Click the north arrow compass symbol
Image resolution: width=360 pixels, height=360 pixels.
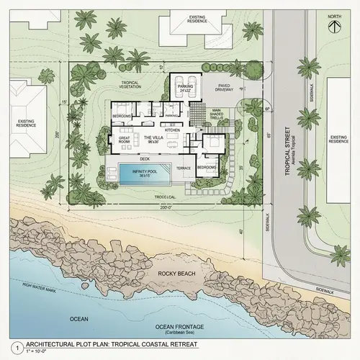pyautogui.click(x=333, y=24)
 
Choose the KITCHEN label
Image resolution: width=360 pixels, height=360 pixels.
pyautogui.click(x=172, y=130)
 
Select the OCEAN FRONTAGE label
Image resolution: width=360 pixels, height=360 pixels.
pyautogui.click(x=179, y=328)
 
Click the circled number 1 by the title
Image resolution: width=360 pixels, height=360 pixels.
pyautogui.click(x=7, y=346)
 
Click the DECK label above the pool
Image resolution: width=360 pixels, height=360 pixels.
pyautogui.click(x=144, y=158)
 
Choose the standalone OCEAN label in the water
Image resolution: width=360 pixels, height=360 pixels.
pyautogui.click(x=79, y=318)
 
